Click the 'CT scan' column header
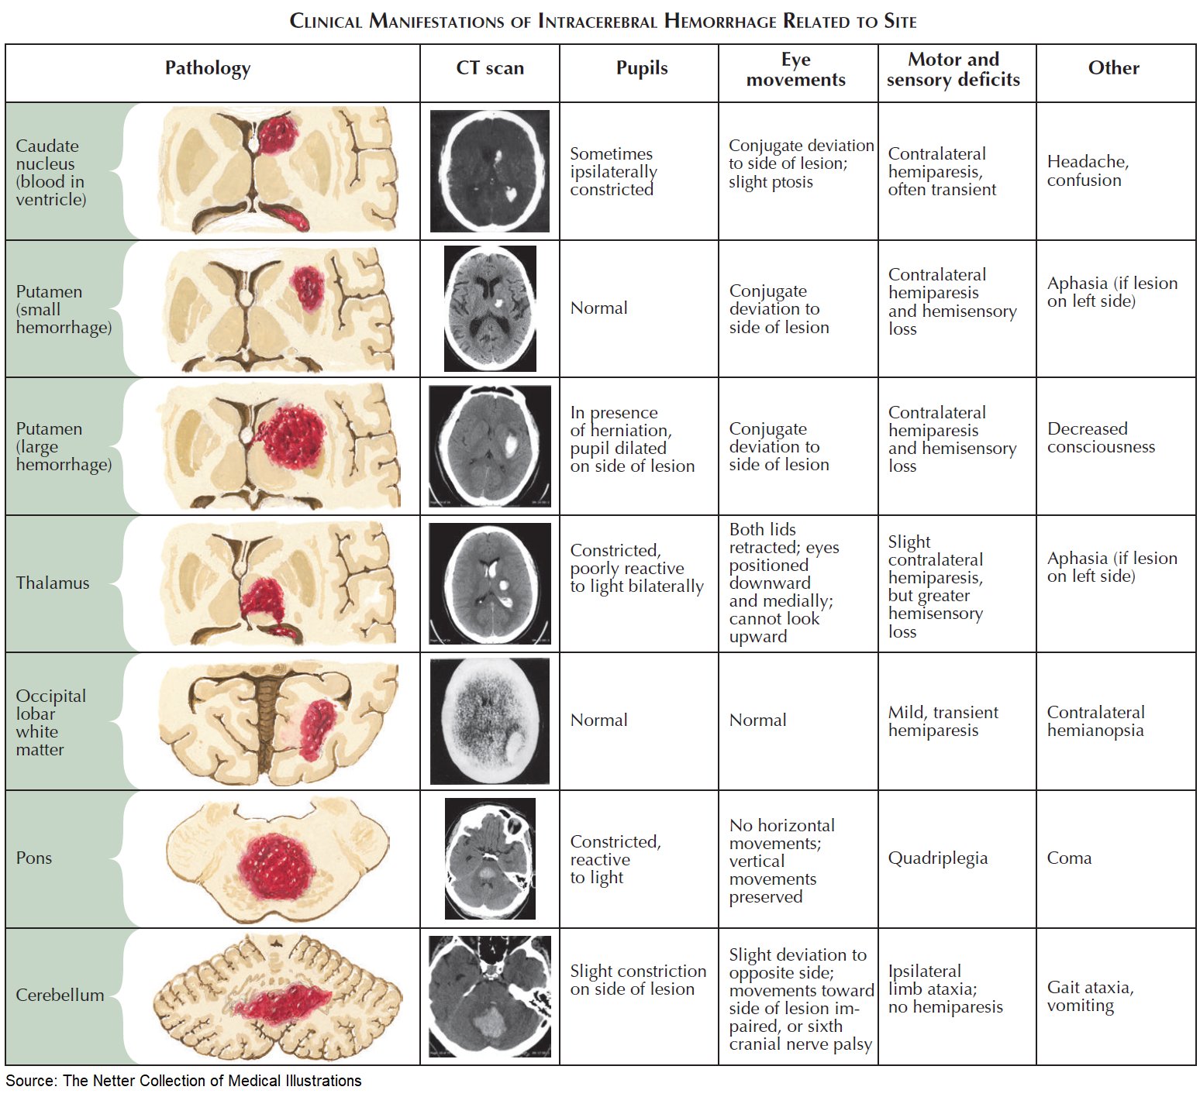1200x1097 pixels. pyautogui.click(x=489, y=68)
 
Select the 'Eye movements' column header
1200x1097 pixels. pyautogui.click(x=795, y=70)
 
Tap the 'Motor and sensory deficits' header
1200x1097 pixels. pyautogui.click(x=953, y=70)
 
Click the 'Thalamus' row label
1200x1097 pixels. pyautogui.click(x=53, y=583)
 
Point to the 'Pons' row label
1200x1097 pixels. pyautogui.click(x=34, y=858)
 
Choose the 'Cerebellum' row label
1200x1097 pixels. pyautogui.click(x=60, y=996)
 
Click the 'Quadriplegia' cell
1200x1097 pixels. pyautogui.click(x=937, y=858)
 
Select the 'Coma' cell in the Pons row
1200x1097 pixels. pyautogui.click(x=1069, y=858)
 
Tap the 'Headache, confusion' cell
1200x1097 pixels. pyautogui.click(x=1088, y=171)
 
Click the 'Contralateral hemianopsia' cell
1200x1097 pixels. pyautogui.click(x=1095, y=721)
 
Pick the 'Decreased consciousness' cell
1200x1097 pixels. pyautogui.click(x=1100, y=438)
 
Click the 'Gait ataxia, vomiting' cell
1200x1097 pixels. pyautogui.click(x=1090, y=996)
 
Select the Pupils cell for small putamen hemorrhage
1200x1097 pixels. pyautogui.click(x=598, y=308)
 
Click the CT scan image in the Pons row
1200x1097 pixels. pyautogui.click(x=490, y=858)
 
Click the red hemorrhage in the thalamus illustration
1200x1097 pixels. pyautogui.click(x=263, y=599)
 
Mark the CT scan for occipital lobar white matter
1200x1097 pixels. pyautogui.click(x=490, y=721)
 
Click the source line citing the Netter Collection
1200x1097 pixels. pyautogui.click(x=184, y=1081)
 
